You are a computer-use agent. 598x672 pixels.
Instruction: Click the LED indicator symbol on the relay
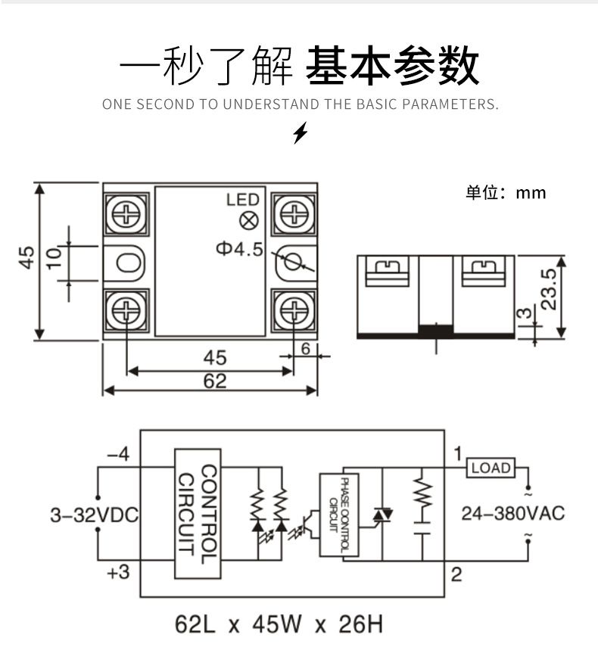pyautogui.click(x=248, y=221)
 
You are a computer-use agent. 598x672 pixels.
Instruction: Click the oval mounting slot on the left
pyautogui.click(x=128, y=263)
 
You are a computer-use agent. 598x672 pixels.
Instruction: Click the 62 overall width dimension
pyautogui.click(x=215, y=381)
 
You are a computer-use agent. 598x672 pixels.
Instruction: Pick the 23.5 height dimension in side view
pyautogui.click(x=549, y=289)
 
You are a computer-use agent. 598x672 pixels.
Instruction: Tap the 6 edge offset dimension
pyautogui.click(x=305, y=349)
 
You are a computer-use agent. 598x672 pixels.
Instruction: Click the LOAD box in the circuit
pyautogui.click(x=491, y=468)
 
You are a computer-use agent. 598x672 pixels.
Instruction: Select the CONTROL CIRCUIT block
pyautogui.click(x=198, y=513)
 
